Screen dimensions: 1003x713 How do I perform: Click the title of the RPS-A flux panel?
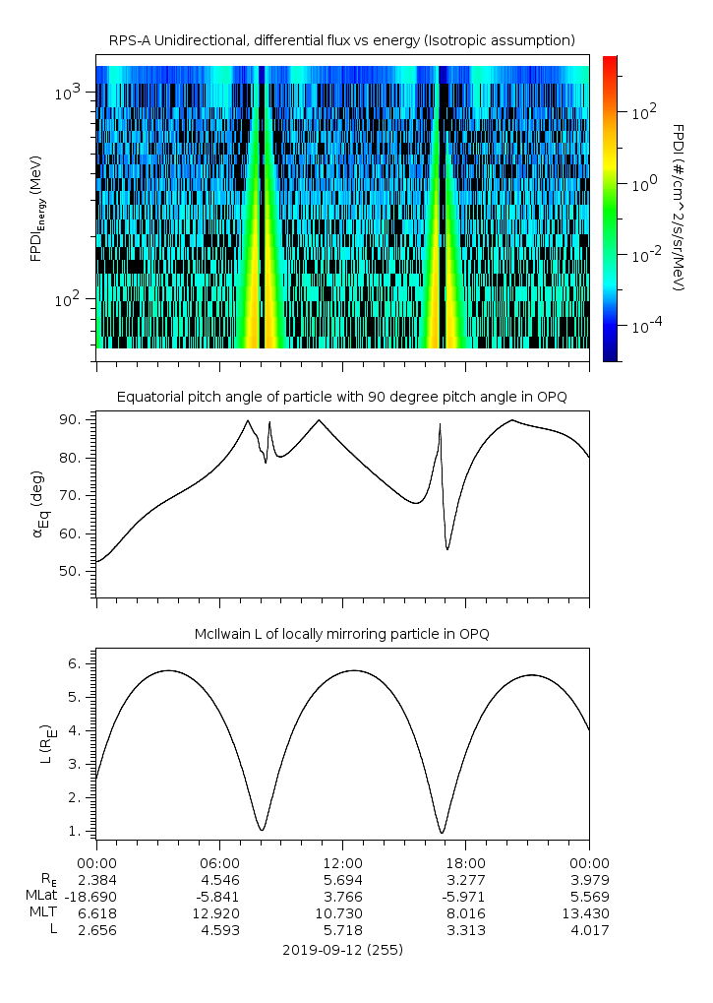[x=341, y=40]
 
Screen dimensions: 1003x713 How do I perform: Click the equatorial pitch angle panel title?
[x=341, y=397]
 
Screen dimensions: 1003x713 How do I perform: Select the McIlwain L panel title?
[x=341, y=634]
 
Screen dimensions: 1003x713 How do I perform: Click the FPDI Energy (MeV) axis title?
[x=36, y=208]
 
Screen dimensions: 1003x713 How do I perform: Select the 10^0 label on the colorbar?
[x=643, y=184]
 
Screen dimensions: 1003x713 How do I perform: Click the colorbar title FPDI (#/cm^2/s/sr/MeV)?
[x=678, y=208]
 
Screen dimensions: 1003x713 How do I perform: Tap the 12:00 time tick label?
[x=341, y=862]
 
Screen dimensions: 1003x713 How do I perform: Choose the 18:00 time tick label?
[x=465, y=862]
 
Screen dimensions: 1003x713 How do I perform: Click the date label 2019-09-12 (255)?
[x=341, y=951]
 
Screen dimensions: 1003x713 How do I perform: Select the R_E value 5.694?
[x=341, y=879]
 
